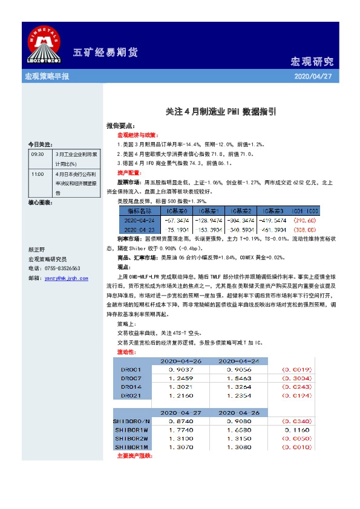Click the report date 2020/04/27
click(312, 77)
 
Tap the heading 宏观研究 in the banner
click(312, 62)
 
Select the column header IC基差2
click(241, 211)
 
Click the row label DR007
click(131, 378)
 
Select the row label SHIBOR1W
click(131, 429)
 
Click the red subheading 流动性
click(126, 351)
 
